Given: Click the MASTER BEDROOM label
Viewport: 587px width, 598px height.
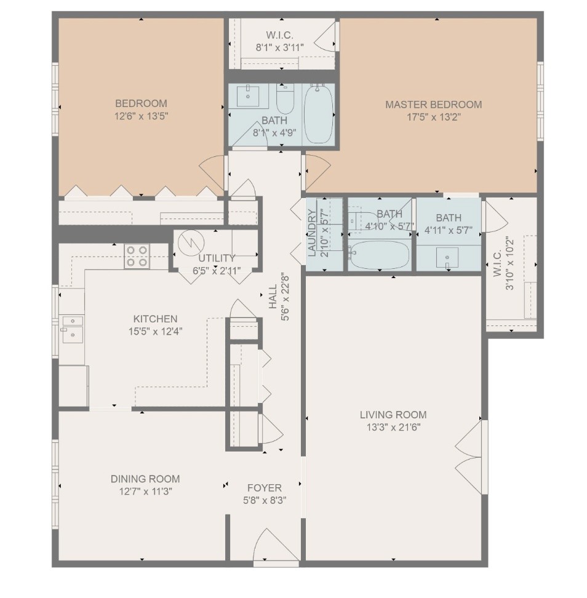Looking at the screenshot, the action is [433, 105].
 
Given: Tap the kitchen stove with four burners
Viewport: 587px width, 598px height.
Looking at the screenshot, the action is [137, 257].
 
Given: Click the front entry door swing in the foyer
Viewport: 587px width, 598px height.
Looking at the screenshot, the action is [276, 545].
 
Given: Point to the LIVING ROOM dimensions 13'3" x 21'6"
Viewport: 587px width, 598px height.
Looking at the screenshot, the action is [394, 427].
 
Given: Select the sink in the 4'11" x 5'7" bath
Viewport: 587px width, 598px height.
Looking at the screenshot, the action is [447, 257].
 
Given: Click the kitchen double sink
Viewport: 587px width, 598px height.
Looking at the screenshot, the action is [73, 329].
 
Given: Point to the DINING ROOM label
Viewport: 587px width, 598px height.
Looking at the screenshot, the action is [145, 479].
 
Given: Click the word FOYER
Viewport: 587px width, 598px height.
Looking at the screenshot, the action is [265, 488].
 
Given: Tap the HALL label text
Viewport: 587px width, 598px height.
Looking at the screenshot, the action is [273, 297].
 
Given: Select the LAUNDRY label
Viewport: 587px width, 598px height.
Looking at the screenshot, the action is [311, 233].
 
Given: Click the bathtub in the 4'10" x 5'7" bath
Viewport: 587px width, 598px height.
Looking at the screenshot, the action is [380, 254].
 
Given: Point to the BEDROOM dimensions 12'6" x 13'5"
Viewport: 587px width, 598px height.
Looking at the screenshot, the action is [141, 116].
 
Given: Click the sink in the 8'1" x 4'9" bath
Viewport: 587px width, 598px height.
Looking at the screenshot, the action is [248, 97].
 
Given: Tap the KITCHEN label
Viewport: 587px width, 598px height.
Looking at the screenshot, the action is [155, 319].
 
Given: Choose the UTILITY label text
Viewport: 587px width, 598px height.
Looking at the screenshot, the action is [217, 258].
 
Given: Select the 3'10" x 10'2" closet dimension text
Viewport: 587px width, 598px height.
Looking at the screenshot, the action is [509, 264].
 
